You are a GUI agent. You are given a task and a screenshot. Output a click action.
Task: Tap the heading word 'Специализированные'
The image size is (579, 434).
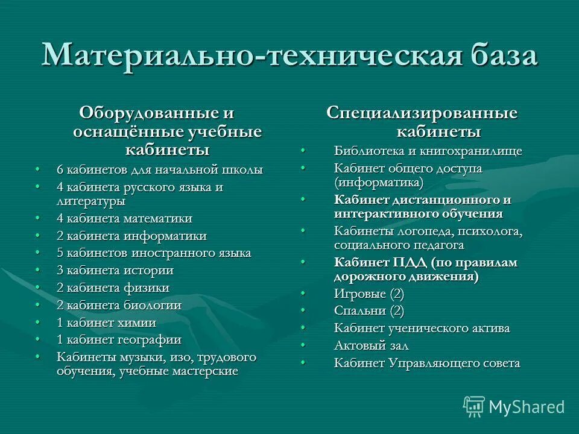click(422, 113)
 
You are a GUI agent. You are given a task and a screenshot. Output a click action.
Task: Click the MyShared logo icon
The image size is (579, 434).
click(473, 407)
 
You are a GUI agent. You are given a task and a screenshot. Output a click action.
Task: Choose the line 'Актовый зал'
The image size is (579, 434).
click(371, 346)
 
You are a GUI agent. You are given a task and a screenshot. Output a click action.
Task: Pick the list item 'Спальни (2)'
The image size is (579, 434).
click(369, 311)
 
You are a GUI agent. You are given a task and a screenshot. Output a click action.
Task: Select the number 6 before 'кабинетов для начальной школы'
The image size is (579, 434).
click(60, 170)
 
